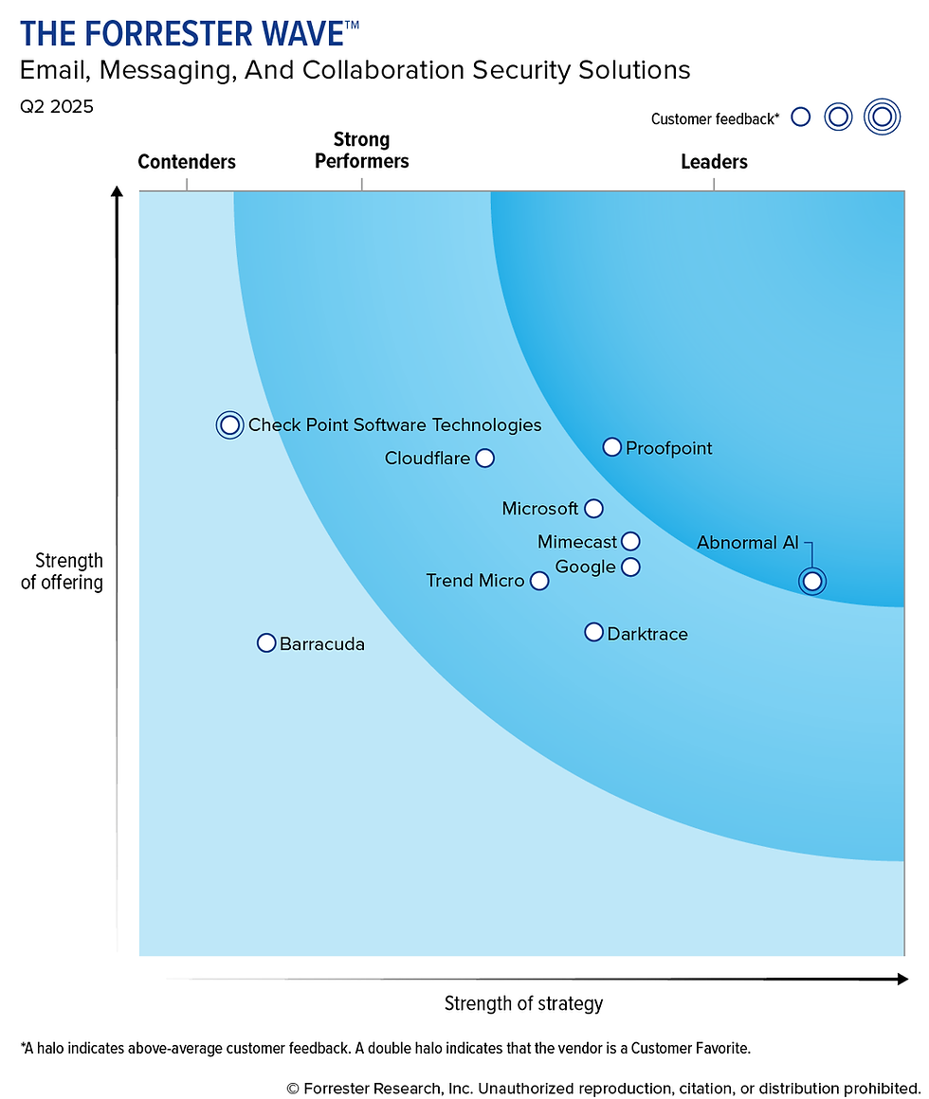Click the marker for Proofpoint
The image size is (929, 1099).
[x=612, y=447]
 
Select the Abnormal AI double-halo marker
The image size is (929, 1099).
[x=811, y=581]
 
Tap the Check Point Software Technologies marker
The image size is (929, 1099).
[x=229, y=425]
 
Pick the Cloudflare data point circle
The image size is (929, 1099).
[x=484, y=459]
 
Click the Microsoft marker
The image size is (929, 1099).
[x=593, y=509]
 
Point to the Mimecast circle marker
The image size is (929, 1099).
[x=630, y=542]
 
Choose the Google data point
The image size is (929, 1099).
[x=630, y=568]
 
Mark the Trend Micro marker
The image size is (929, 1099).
[x=538, y=581]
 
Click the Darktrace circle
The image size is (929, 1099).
[x=593, y=632]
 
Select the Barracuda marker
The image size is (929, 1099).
[x=266, y=643]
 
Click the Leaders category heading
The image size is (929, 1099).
[x=714, y=162]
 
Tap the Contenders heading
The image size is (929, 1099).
[x=187, y=162]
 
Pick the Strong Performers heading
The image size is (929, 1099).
[x=361, y=151]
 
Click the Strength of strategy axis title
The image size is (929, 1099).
[x=523, y=1003]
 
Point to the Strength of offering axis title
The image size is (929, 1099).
[x=63, y=571]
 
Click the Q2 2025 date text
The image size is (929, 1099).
[x=57, y=107]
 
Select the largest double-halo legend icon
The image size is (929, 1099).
[x=882, y=117]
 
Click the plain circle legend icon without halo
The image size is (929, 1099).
[x=801, y=117]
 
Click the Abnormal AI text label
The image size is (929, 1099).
[x=748, y=543]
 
